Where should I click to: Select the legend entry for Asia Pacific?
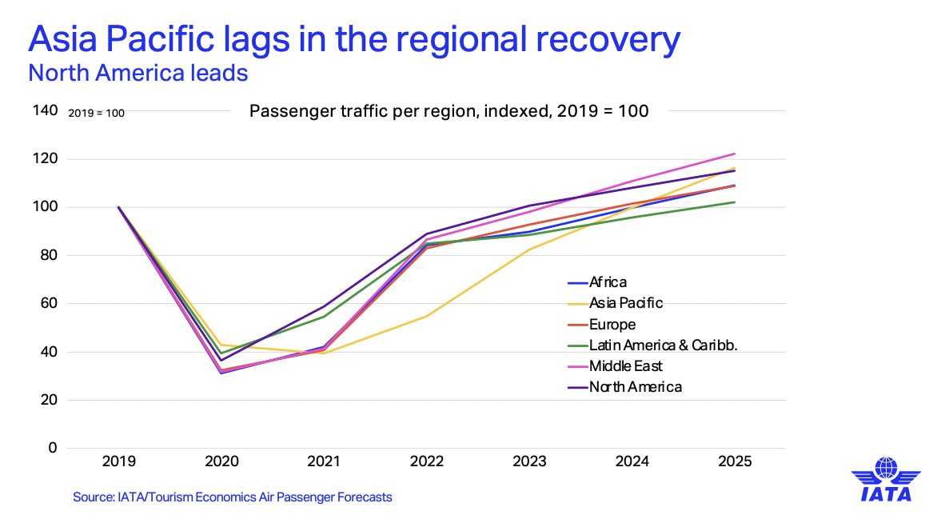point(626,303)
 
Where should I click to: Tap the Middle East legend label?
point(626,366)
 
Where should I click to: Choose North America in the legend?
point(636,387)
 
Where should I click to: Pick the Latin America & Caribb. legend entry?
point(662,345)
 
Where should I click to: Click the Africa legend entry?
point(608,282)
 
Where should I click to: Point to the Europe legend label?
point(612,325)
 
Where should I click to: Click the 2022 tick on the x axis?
point(427,462)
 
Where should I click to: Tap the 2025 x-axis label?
point(735,462)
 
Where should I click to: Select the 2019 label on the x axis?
point(119,462)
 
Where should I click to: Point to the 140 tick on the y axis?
point(44,110)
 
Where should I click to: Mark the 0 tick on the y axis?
point(52,448)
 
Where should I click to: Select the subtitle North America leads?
point(138,74)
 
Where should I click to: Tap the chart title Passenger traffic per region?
point(449,110)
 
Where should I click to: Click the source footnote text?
point(233,497)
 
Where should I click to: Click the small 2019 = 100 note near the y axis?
point(96,113)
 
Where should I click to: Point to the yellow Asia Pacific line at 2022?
point(427,316)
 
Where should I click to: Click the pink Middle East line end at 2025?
point(734,154)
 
